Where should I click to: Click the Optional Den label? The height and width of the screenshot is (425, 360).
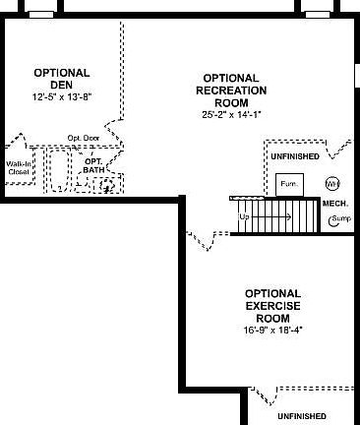point(62,79)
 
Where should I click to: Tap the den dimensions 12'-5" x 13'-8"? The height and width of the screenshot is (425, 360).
point(62,96)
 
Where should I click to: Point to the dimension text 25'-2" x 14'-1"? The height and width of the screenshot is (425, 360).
point(230,114)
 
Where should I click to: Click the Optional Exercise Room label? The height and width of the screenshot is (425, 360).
point(271,305)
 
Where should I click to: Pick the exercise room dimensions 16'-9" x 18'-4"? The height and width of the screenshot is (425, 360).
point(271,331)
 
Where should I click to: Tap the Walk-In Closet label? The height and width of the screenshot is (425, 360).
point(19,167)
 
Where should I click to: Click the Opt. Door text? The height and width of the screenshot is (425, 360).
point(84,138)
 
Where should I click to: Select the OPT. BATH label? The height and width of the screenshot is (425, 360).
point(92,165)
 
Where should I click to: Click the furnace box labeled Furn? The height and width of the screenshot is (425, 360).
point(288,183)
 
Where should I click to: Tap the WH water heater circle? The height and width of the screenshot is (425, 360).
point(331,183)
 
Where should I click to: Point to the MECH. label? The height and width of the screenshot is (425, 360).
point(335,203)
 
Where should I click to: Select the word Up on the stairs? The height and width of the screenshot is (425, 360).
point(245,214)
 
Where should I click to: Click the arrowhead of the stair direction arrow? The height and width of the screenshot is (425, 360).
point(288,214)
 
